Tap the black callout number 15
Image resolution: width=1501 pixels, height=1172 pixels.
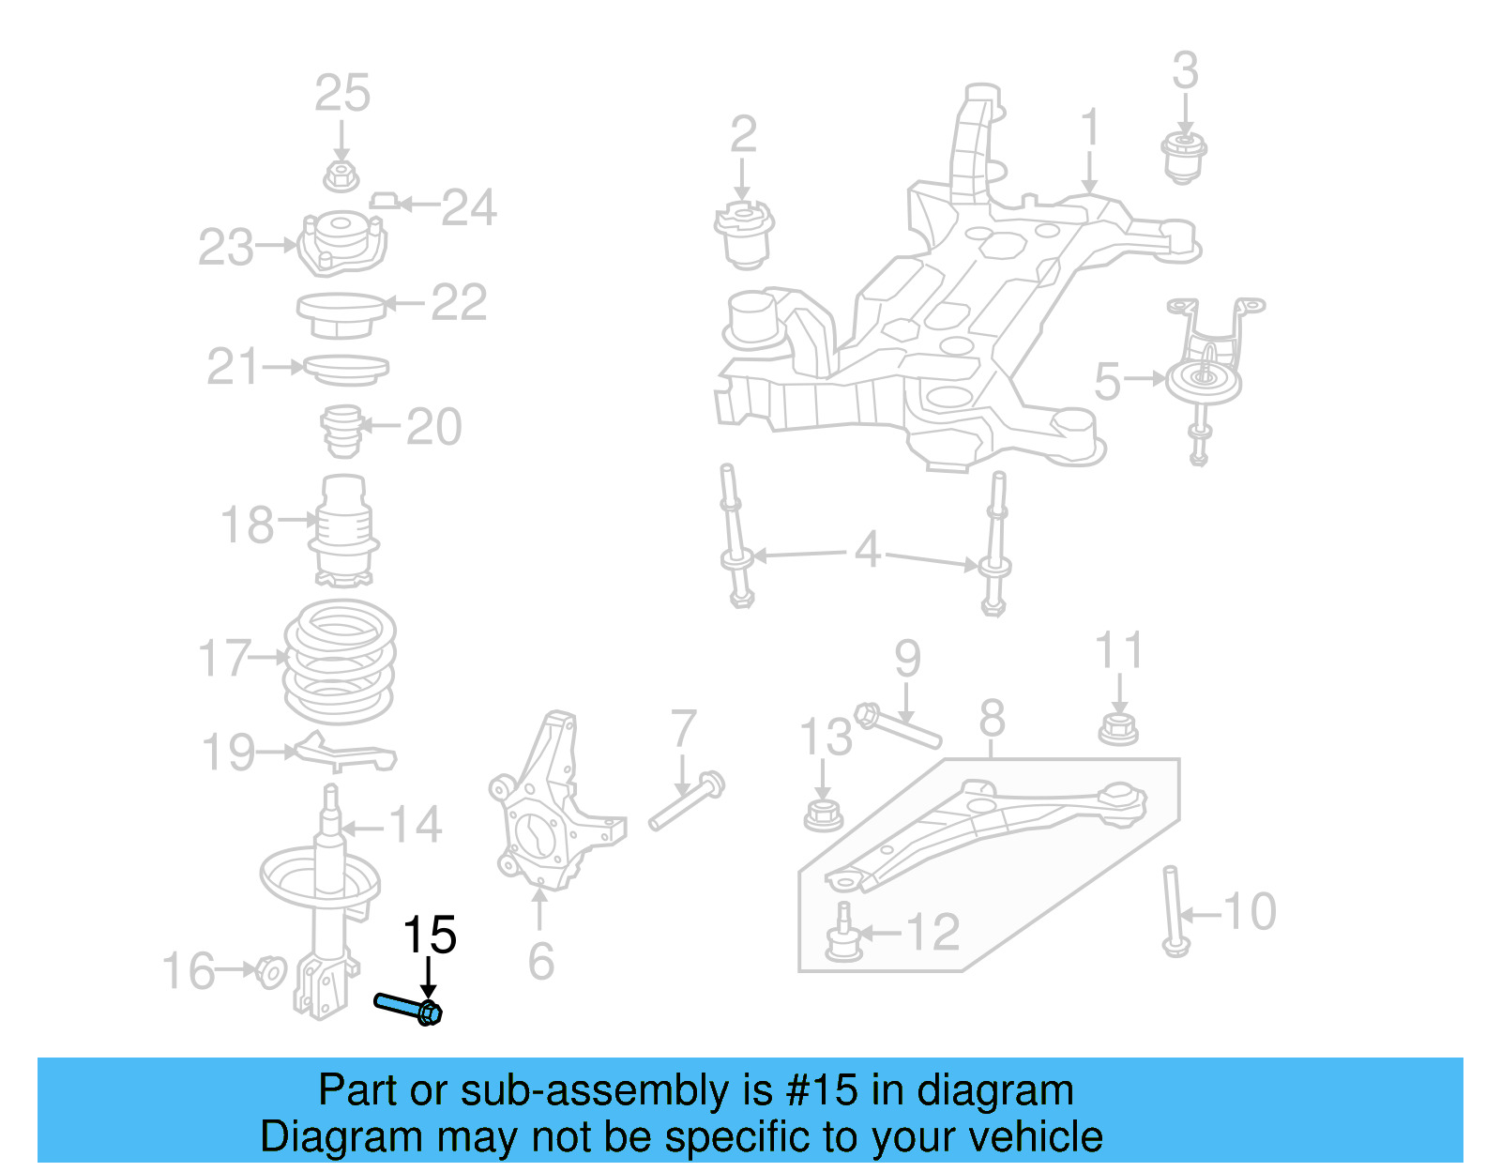429,936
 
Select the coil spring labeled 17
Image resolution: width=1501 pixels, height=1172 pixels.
340,662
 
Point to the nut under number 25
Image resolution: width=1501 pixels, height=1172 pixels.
341,175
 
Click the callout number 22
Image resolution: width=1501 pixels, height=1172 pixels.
459,303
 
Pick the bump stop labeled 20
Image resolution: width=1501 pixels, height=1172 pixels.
342,431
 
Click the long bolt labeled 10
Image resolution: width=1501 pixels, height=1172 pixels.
1173,910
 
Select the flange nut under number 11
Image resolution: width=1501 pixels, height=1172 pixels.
1118,728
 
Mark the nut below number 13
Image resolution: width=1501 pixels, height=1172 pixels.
823,814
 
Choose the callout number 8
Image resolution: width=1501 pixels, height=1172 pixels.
992,720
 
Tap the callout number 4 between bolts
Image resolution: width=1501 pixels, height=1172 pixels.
867,550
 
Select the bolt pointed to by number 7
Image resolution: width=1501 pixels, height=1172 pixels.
686,802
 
